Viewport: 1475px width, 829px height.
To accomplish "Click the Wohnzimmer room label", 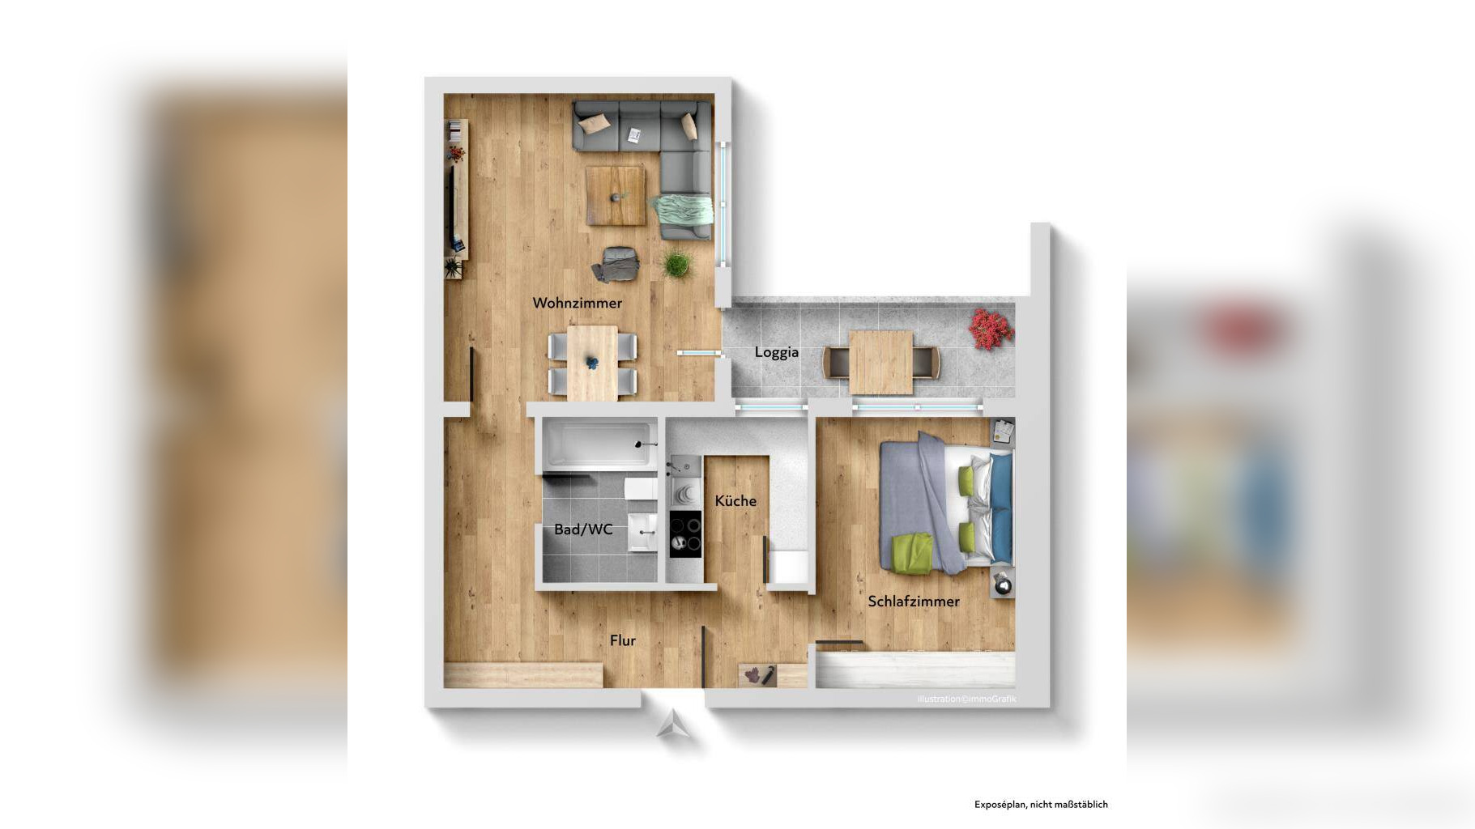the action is pyautogui.click(x=577, y=303).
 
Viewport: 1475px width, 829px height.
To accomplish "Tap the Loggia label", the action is pyautogui.click(x=776, y=352).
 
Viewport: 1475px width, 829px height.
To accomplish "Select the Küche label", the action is pyautogui.click(x=735, y=500).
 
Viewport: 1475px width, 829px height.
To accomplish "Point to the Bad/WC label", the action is pyautogui.click(x=583, y=529).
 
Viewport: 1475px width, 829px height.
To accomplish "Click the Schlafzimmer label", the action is pyautogui.click(x=914, y=602).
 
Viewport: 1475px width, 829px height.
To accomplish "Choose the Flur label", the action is pyautogui.click(x=622, y=640).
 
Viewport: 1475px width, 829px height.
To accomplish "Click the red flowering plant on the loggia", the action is pyautogui.click(x=990, y=329).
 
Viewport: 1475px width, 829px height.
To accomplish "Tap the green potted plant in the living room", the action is pyautogui.click(x=677, y=263).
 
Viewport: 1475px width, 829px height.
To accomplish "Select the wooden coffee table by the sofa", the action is pyautogui.click(x=616, y=195).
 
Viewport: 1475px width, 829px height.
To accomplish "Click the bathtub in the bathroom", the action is pyautogui.click(x=600, y=444).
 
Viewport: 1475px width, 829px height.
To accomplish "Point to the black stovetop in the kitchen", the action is pyautogui.click(x=685, y=534).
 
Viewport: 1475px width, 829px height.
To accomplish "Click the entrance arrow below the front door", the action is pyautogui.click(x=674, y=725).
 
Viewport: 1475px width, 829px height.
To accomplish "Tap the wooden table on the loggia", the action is pyautogui.click(x=881, y=362).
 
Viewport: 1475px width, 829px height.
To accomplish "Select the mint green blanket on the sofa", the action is pyautogui.click(x=682, y=210).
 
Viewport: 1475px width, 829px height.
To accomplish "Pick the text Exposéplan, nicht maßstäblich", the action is pyautogui.click(x=1041, y=805).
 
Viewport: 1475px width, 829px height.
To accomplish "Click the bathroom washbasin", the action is pyautogui.click(x=643, y=532).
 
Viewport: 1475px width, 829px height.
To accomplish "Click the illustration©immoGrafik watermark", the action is pyautogui.click(x=966, y=699).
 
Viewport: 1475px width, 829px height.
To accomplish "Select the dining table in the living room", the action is pyautogui.click(x=592, y=363).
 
